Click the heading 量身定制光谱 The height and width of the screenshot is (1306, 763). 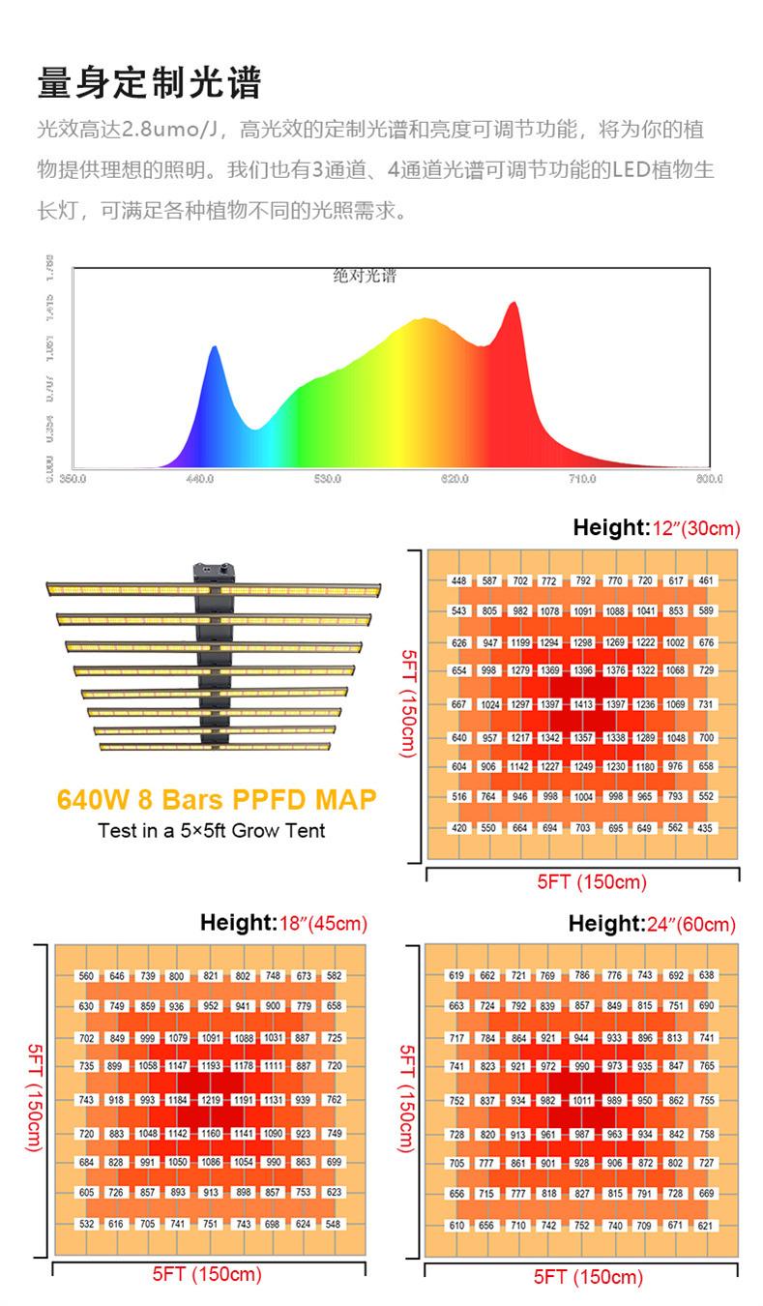point(149,83)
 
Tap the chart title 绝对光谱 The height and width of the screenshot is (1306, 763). point(365,276)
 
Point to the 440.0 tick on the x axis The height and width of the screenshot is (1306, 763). point(199,478)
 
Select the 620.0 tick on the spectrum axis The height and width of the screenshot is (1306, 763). point(455,478)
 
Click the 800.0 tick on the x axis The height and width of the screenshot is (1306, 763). point(710,478)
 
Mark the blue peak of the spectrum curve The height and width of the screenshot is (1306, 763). point(214,348)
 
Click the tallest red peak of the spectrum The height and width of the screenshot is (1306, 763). point(513,305)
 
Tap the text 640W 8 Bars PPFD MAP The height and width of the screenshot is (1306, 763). point(216,801)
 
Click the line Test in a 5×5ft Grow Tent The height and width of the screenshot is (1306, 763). point(212,830)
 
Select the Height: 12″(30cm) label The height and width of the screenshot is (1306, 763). point(656,528)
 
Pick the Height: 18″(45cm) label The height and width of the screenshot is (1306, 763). point(283,923)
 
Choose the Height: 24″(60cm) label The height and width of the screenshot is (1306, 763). point(652,924)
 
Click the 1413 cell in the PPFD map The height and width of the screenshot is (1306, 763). point(582,705)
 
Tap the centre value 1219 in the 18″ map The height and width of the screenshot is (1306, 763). point(211,1100)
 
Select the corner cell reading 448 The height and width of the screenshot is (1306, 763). point(458,581)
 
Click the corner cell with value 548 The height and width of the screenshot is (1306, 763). point(334,1224)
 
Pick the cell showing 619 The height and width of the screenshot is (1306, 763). point(456,975)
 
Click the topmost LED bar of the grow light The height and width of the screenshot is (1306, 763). point(213,587)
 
